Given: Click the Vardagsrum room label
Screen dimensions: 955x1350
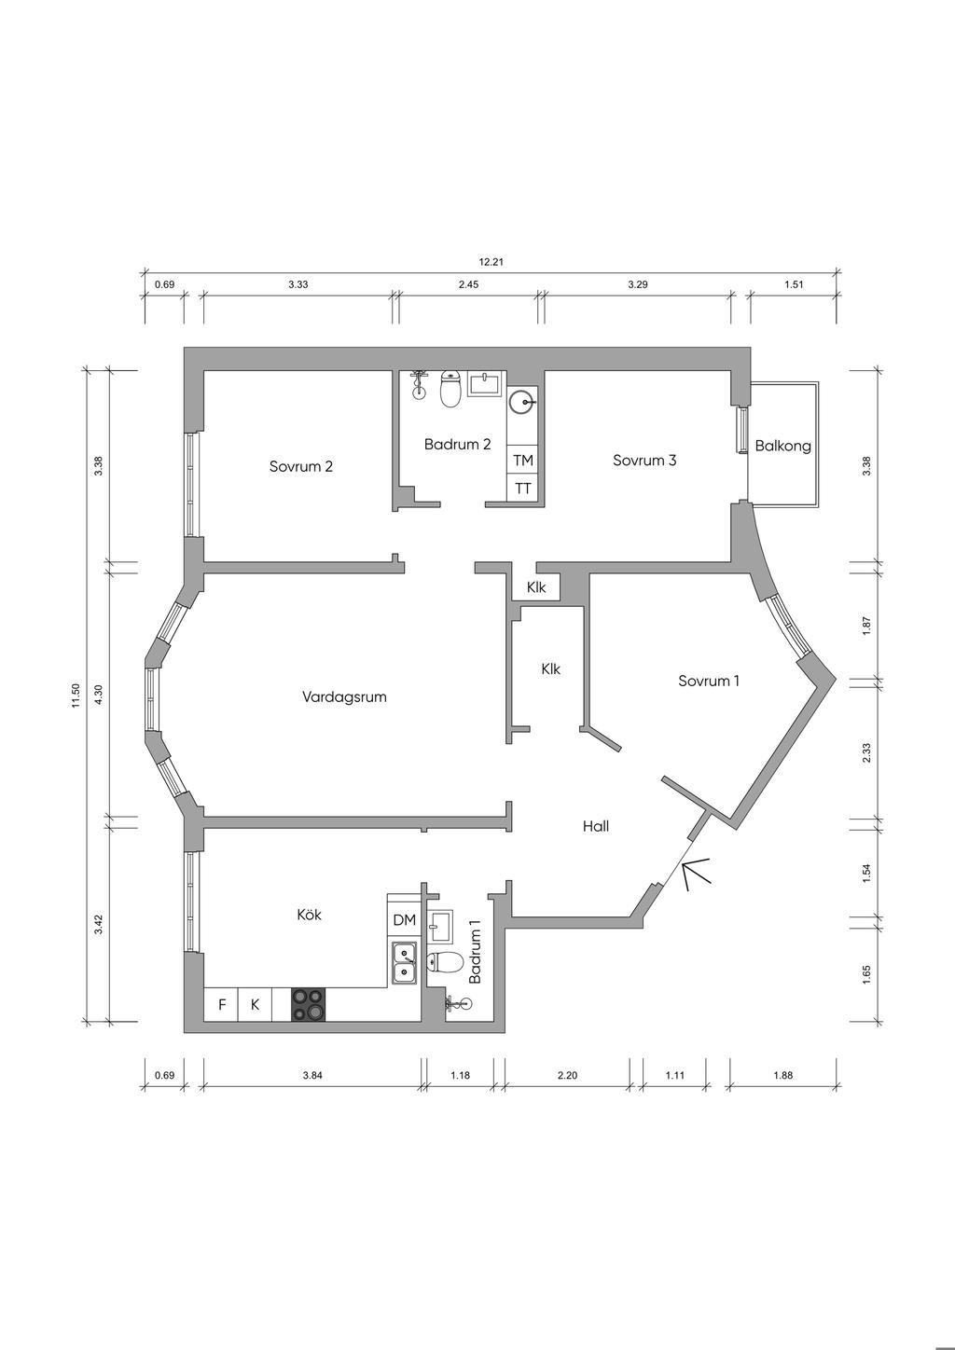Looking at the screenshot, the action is tap(343, 697).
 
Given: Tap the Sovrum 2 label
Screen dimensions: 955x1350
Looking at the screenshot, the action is tap(301, 466).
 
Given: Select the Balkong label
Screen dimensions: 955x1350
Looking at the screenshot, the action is tap(782, 447).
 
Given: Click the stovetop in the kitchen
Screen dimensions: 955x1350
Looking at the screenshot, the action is tap(309, 1005).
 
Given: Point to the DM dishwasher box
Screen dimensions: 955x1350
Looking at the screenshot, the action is tap(404, 919).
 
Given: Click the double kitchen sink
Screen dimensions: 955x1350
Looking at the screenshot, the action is tap(404, 962).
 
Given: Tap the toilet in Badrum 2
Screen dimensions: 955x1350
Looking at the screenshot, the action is tap(451, 389).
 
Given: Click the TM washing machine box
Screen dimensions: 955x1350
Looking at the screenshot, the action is tap(522, 461).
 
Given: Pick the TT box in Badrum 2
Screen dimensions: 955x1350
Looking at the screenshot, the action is tap(522, 489).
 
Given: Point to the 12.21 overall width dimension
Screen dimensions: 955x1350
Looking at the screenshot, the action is tap(491, 262).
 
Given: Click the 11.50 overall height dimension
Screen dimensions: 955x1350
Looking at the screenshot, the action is tap(76, 696).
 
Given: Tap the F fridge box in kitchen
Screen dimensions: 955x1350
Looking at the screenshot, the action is tap(221, 1005).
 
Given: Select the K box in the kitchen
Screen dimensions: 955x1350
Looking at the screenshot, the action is tap(255, 1005).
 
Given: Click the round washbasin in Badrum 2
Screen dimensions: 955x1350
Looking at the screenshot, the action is tap(522, 402).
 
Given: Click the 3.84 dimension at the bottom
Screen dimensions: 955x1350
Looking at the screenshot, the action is tap(312, 1075).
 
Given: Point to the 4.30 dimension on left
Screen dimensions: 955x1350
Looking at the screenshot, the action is tap(100, 692).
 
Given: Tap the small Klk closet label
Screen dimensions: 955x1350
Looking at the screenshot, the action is tap(536, 587).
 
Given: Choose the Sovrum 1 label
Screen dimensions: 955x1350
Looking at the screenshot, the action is tap(709, 681).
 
